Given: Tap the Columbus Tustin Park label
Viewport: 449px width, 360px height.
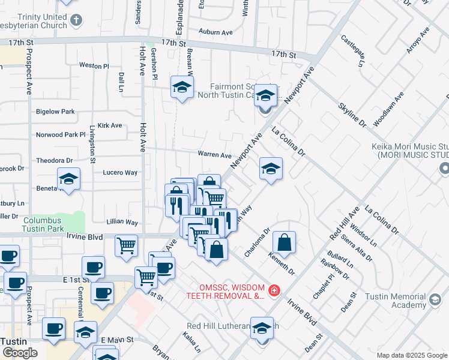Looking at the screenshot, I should click(x=43, y=224).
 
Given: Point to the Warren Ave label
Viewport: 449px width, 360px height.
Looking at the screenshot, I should click(x=214, y=154).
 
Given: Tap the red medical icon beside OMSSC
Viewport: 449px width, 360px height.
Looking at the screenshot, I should click(x=274, y=290).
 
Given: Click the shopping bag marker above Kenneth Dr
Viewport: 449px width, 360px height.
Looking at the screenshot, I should click(x=285, y=243).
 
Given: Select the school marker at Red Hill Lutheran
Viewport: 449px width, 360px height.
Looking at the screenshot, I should click(x=262, y=328).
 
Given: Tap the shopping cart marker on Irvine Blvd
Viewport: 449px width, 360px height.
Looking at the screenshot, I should click(x=126, y=244).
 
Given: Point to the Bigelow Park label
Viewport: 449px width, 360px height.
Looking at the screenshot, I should click(x=55, y=112).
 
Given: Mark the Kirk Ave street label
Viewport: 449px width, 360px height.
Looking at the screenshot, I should click(x=110, y=126).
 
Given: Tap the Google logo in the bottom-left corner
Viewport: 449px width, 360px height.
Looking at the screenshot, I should click(x=20, y=353).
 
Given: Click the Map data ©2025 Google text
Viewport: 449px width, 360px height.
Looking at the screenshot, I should click(x=412, y=355).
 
